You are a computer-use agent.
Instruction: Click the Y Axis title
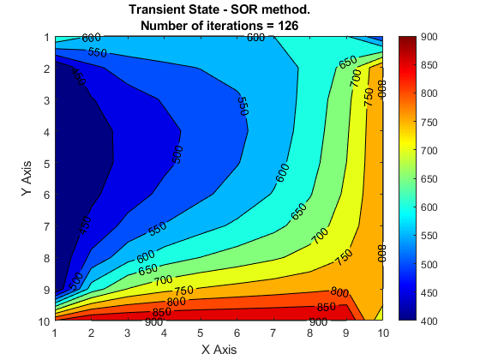[x=27, y=178]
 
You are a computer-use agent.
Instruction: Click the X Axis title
[x=219, y=349]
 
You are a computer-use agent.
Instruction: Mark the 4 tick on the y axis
[x=46, y=132]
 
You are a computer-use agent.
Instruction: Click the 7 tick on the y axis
[x=46, y=226]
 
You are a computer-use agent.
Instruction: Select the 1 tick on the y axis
[x=46, y=38]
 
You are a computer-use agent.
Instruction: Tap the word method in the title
[x=285, y=10]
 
